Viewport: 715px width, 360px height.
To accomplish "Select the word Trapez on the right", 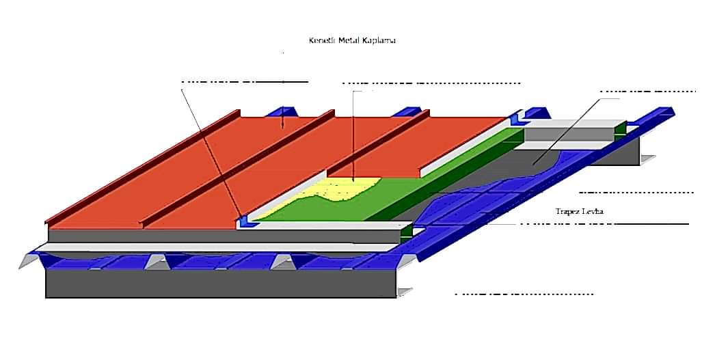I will (x=570, y=211).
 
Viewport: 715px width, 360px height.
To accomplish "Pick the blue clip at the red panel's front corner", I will (x=243, y=221).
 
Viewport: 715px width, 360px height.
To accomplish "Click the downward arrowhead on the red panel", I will (x=282, y=126).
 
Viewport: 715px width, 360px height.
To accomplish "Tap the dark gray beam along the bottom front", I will (x=219, y=283).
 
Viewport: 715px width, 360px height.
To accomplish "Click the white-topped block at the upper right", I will (x=574, y=130).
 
